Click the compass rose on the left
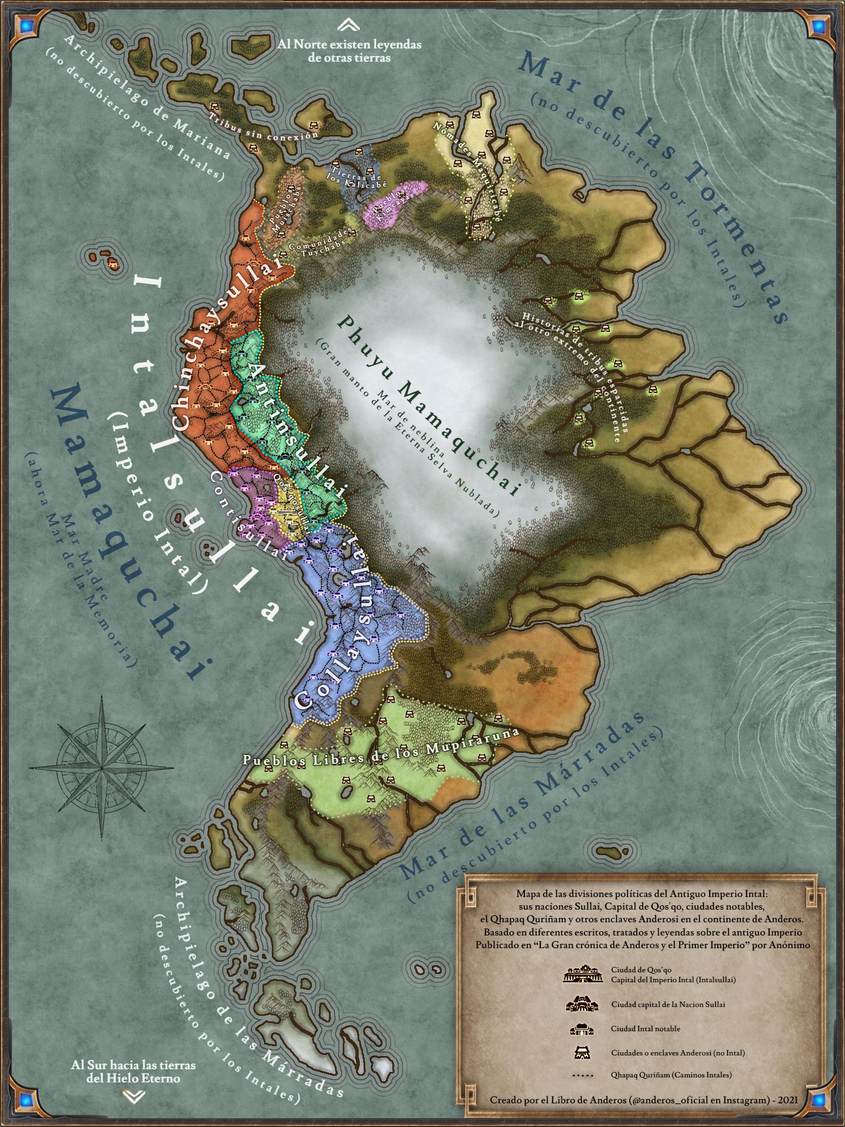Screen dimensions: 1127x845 tap(102, 767)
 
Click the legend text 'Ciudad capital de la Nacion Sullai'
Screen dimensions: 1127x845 tap(668, 1004)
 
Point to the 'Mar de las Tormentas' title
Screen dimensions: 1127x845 tap(655, 187)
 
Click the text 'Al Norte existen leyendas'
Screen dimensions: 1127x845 tap(349, 44)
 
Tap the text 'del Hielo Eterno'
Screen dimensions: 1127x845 tap(133, 1078)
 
